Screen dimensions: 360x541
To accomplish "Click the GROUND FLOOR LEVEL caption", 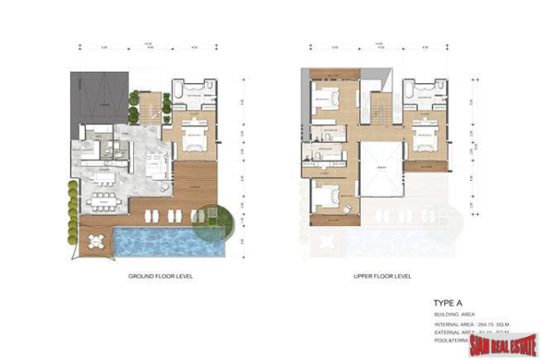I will coord(161,277).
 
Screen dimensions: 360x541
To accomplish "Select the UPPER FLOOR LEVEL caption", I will coord(381,277).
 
